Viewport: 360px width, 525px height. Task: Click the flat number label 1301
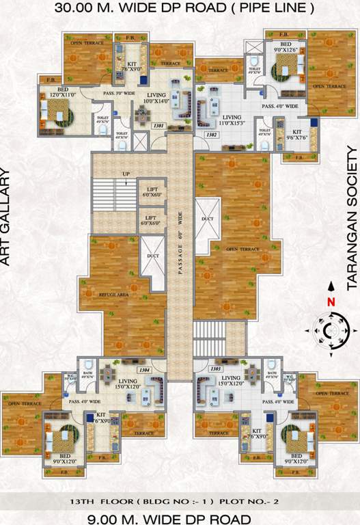point(158,125)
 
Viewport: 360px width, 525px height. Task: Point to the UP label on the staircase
point(126,174)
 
